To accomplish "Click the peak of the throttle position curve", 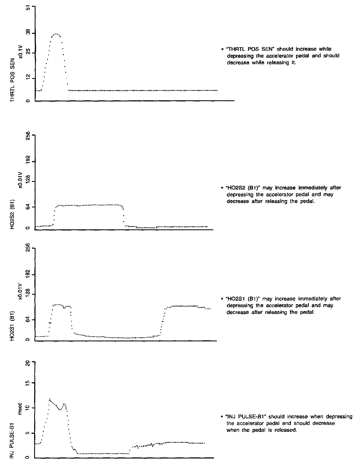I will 56,34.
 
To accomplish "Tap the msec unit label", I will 20,411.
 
